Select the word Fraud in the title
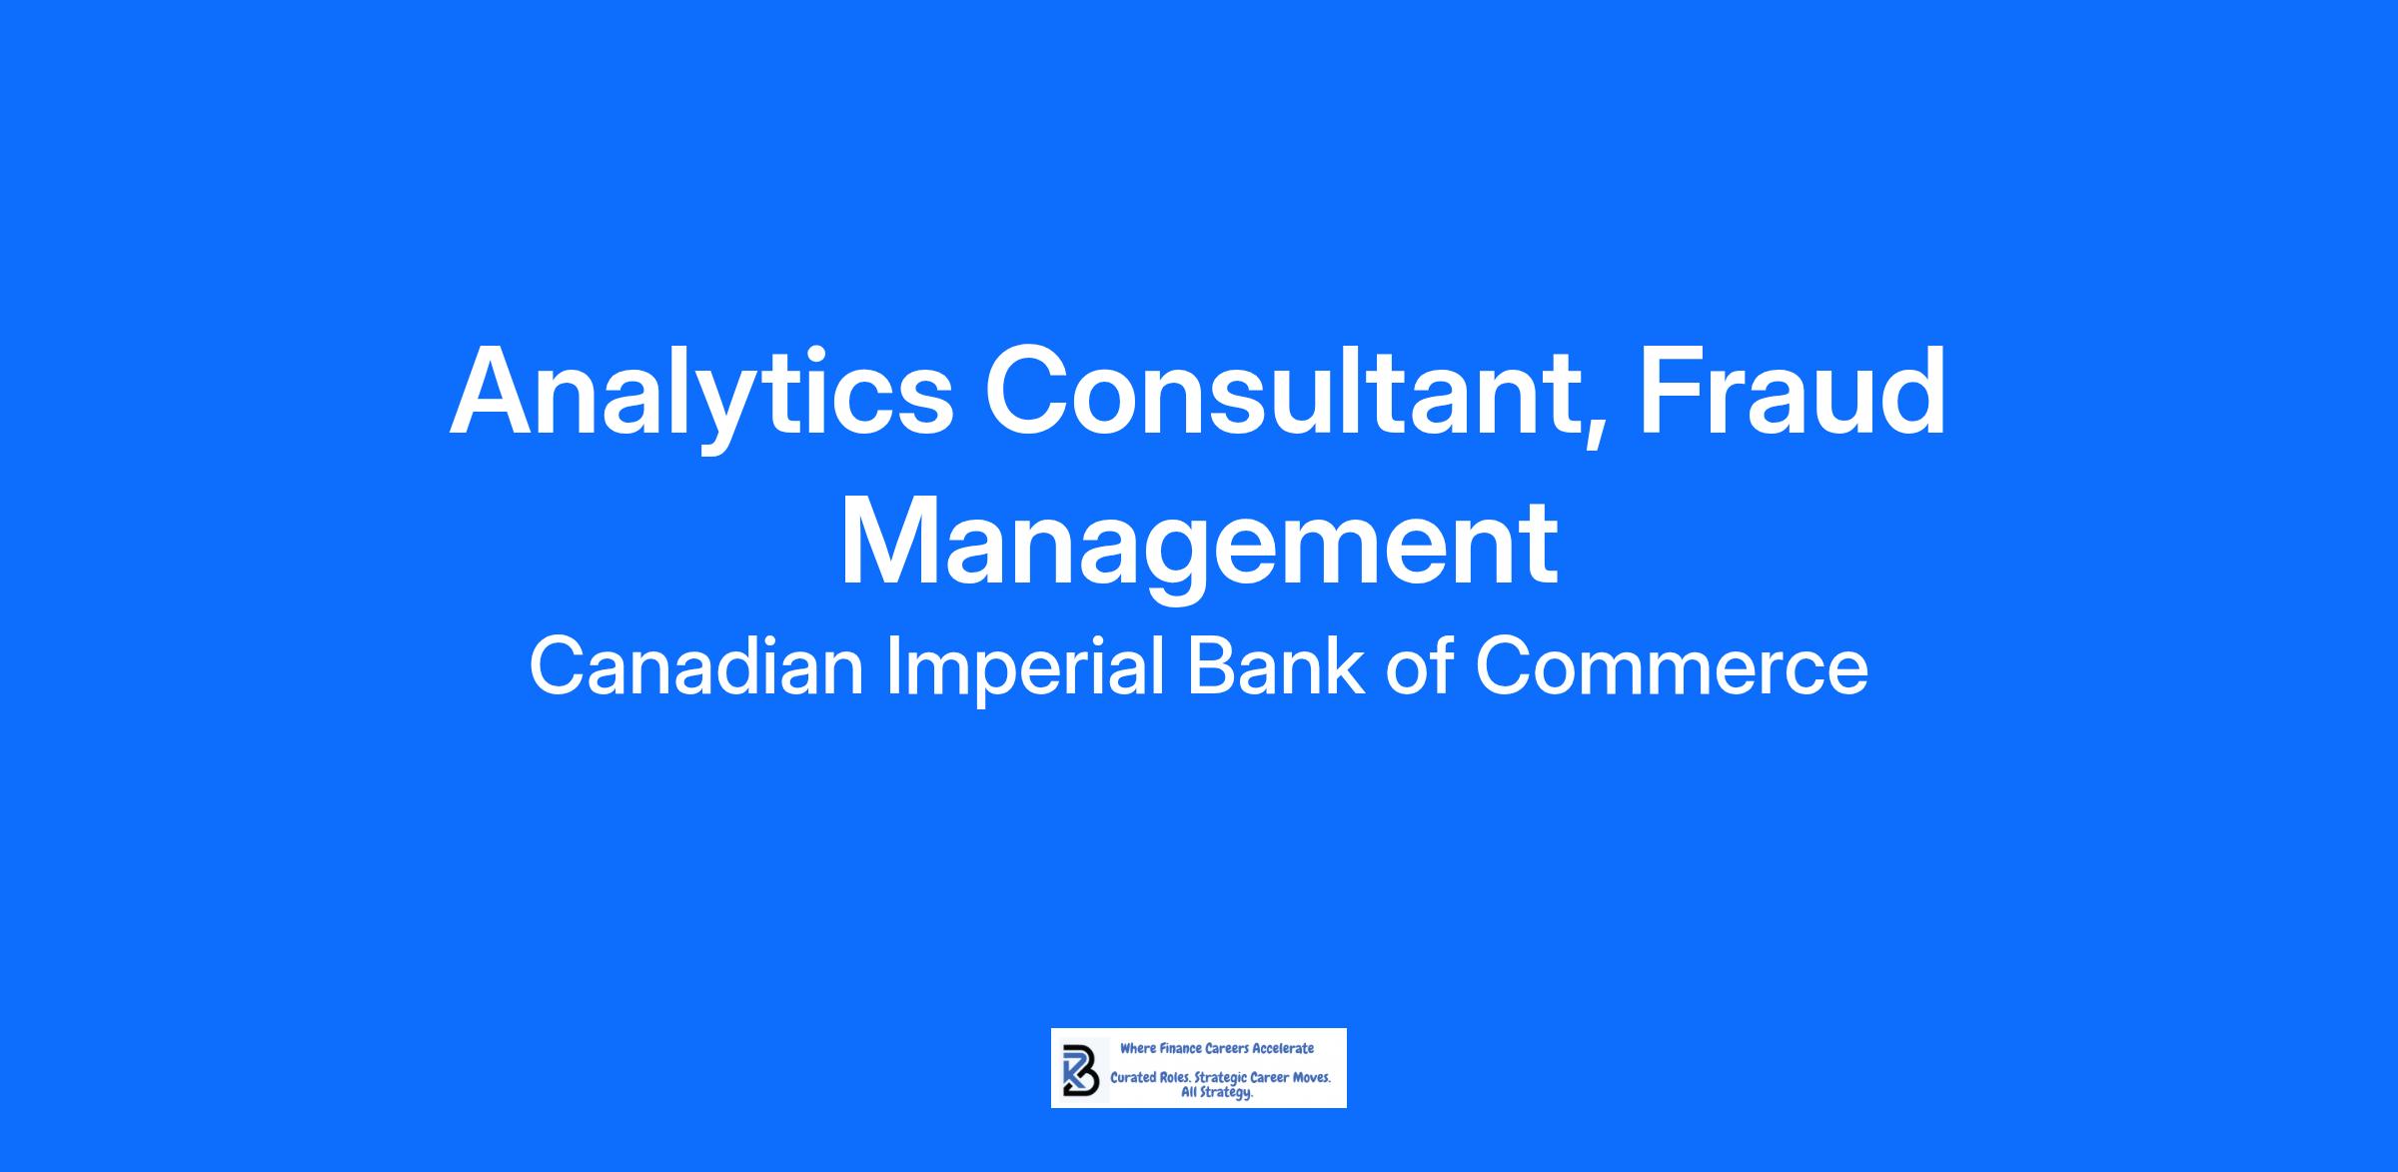(x=1791, y=391)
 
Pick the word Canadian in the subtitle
(x=696, y=667)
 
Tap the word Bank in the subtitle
(x=1275, y=667)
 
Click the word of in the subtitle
(x=1419, y=667)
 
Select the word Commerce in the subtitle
(x=1672, y=667)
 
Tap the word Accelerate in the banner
(x=1283, y=1048)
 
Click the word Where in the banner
(x=1137, y=1048)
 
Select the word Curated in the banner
(x=1133, y=1079)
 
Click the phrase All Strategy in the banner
(x=1217, y=1093)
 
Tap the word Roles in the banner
(x=1175, y=1079)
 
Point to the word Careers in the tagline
(x=1226, y=1048)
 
